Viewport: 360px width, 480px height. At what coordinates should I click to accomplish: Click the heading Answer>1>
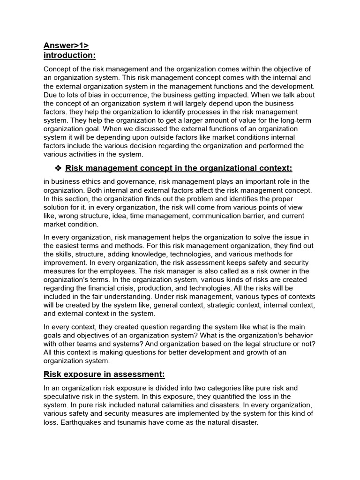pos(66,45)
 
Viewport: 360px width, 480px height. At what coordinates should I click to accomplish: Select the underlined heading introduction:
pos(69,56)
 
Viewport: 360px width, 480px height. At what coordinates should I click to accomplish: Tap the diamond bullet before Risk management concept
pos(59,168)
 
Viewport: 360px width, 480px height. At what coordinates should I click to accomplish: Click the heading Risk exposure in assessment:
pos(104,374)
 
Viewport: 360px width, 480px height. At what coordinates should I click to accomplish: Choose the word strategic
pos(199,305)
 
